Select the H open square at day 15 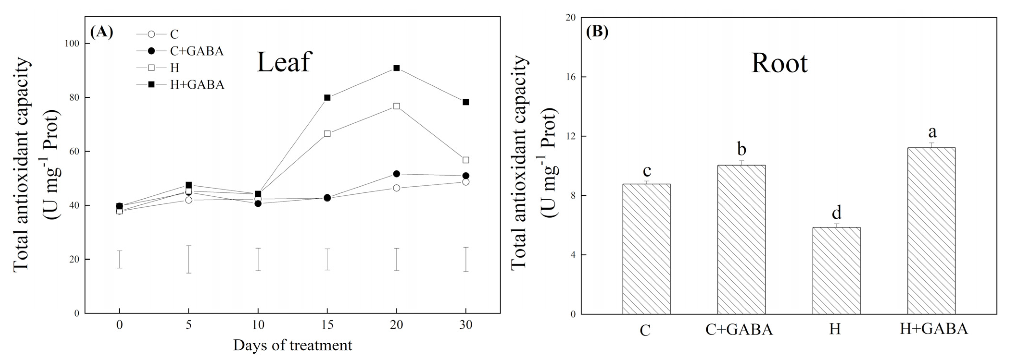pyautogui.click(x=327, y=133)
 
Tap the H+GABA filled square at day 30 pyautogui.click(x=466, y=102)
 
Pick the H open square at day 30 pyautogui.click(x=466, y=160)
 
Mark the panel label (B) pyautogui.click(x=597, y=31)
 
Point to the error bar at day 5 pyautogui.click(x=189, y=259)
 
